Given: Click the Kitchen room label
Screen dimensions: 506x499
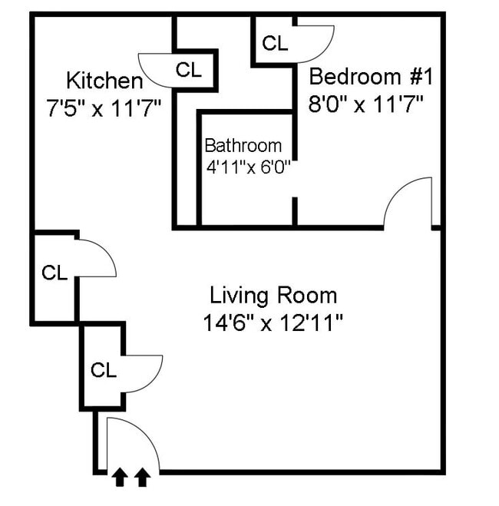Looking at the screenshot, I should [104, 81].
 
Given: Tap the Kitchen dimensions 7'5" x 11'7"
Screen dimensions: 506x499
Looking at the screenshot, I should [103, 107].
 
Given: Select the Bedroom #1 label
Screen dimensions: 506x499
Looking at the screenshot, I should [372, 78].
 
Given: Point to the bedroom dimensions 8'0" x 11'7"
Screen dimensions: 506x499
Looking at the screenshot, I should [366, 104].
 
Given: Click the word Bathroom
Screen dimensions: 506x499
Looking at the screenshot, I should [243, 146].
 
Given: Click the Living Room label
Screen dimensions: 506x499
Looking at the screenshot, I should [273, 295].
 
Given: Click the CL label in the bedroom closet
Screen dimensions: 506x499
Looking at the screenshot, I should [275, 44].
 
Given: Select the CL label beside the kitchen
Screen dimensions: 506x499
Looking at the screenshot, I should [189, 70].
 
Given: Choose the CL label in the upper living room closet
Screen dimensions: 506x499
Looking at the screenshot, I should [55, 273].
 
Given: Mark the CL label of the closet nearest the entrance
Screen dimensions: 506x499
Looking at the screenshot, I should [104, 370].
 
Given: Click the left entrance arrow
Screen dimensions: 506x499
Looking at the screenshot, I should [120, 478].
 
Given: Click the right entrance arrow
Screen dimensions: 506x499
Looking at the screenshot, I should [141, 478].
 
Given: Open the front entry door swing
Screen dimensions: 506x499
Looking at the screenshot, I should [134, 445].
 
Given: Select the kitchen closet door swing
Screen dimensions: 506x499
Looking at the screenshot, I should [156, 71].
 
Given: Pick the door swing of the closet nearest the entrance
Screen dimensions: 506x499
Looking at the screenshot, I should [142, 374].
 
